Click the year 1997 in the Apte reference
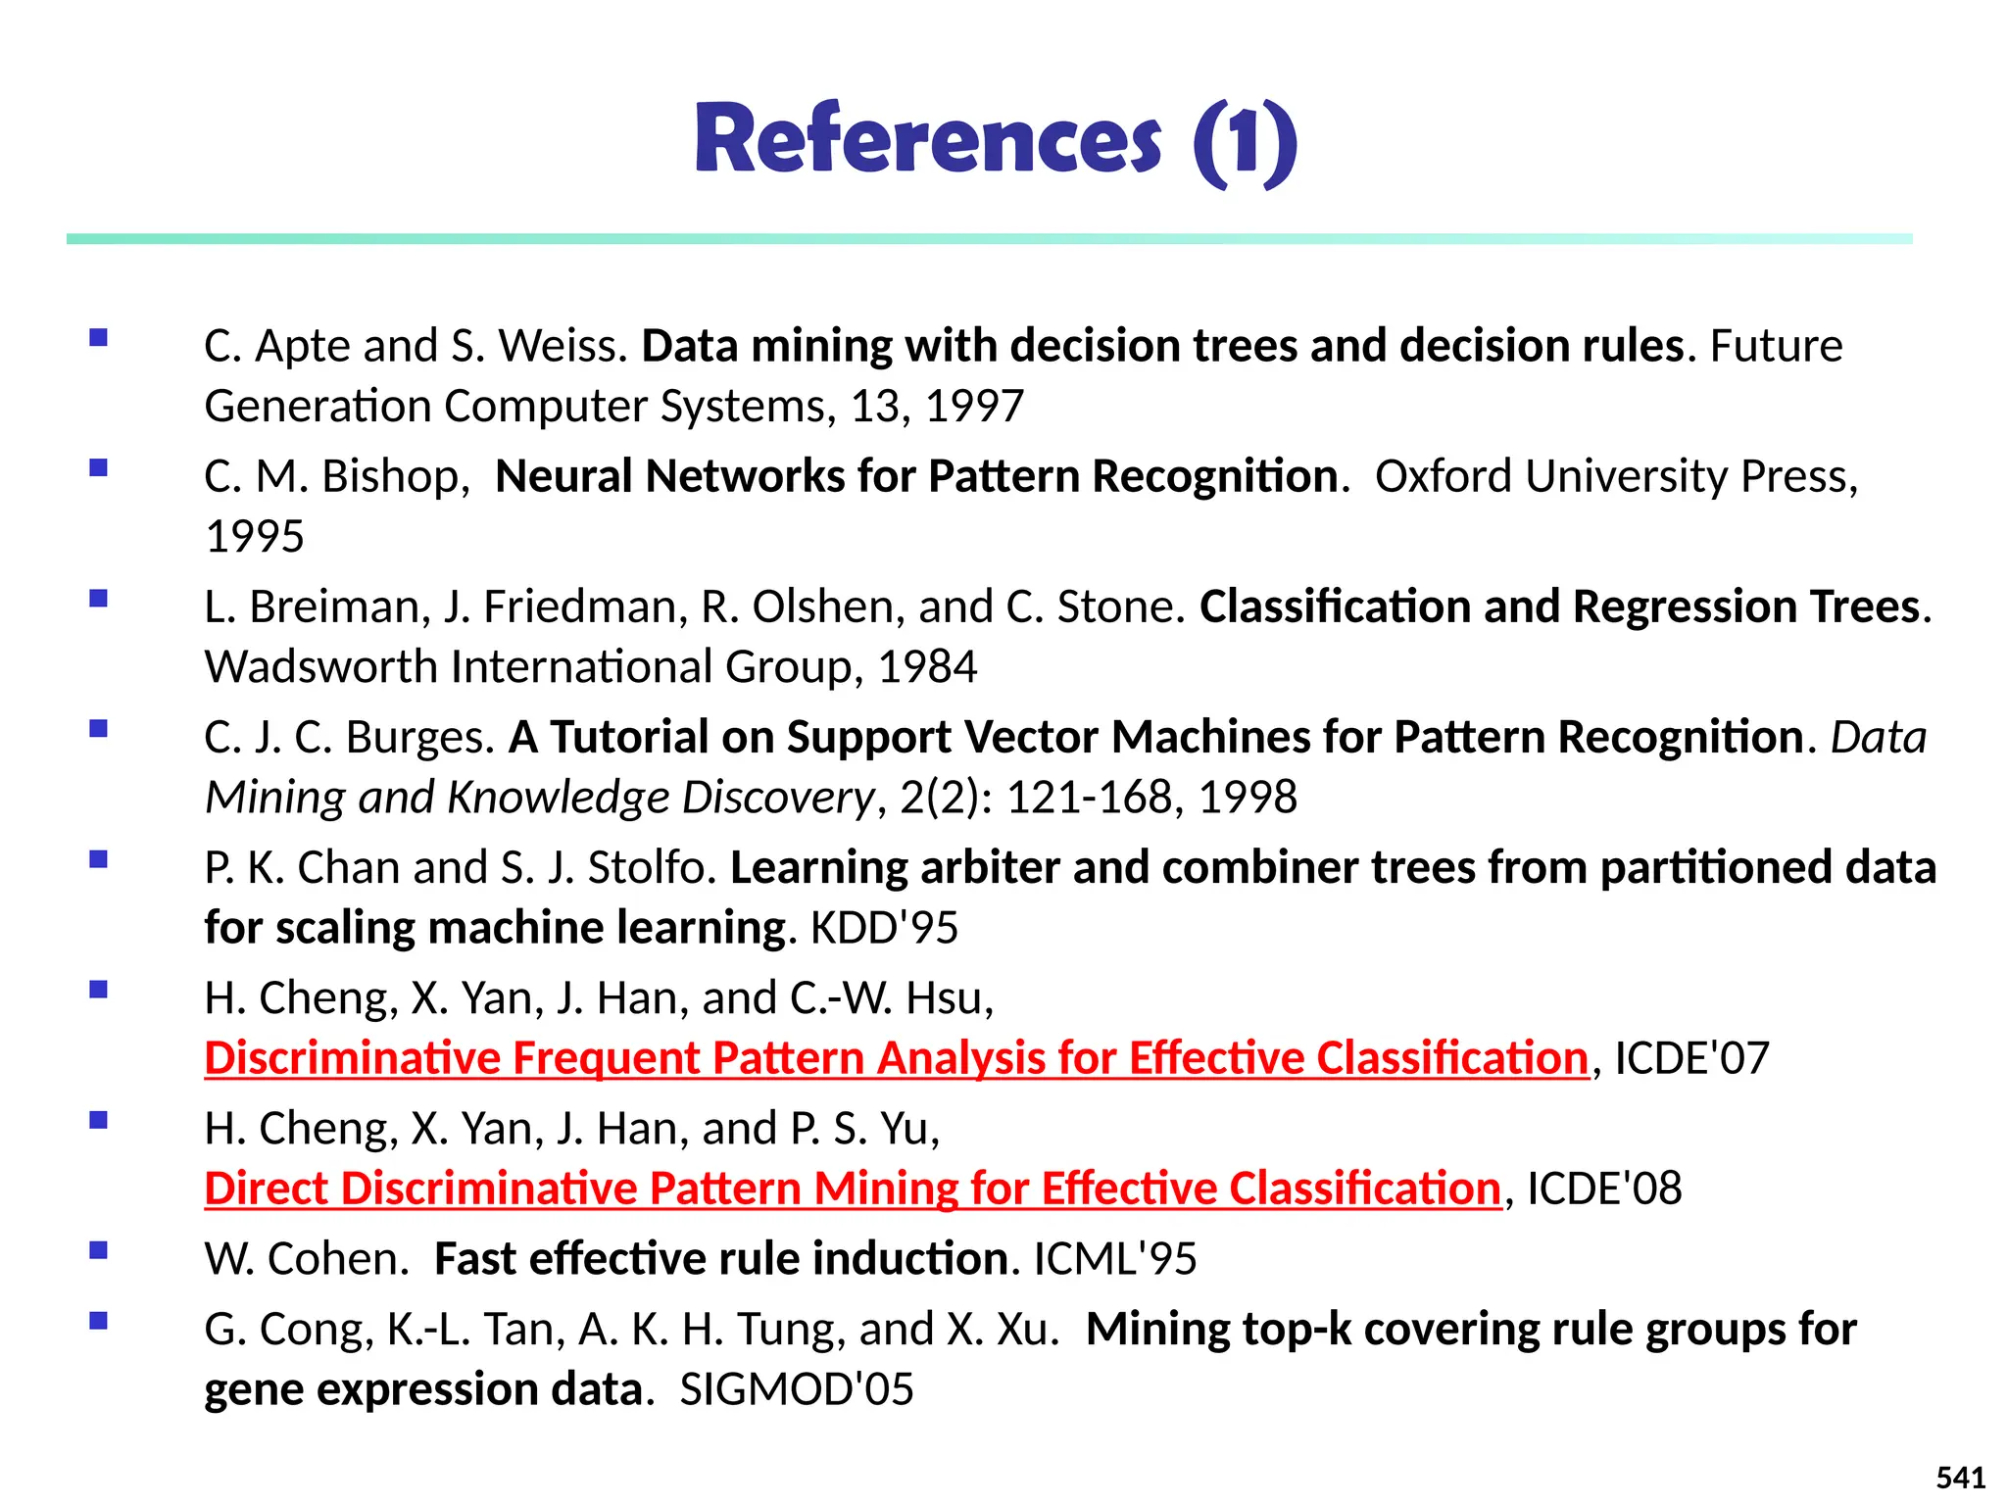(x=974, y=406)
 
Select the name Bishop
(x=389, y=476)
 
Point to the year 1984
(x=927, y=667)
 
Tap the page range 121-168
(x=1089, y=798)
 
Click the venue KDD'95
(x=884, y=928)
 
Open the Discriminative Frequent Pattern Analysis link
(x=896, y=1058)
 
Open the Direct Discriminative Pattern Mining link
(x=853, y=1189)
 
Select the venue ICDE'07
(x=1691, y=1058)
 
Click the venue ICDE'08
(x=1604, y=1189)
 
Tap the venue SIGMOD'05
(x=796, y=1389)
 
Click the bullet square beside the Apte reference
(x=98, y=338)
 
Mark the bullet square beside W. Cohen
(x=98, y=1250)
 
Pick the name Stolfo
(x=652, y=868)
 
